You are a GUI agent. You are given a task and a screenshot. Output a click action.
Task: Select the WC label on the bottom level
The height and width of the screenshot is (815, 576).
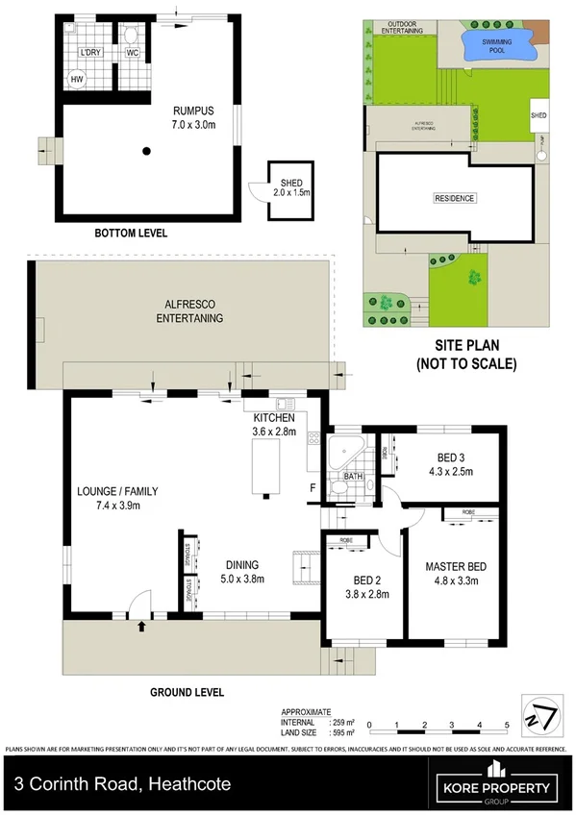click(133, 53)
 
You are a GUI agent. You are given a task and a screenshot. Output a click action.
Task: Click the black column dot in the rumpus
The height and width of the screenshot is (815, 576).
click(146, 150)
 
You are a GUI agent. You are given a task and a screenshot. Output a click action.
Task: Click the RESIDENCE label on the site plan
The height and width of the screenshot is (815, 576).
click(454, 198)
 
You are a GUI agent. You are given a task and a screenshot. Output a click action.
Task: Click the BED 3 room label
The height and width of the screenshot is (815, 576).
click(441, 457)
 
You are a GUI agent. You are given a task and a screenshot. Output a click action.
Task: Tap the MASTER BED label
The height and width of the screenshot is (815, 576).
click(453, 567)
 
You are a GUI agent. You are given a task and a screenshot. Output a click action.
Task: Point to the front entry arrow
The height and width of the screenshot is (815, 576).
click(142, 628)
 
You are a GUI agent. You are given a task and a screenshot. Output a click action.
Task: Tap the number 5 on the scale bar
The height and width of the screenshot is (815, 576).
click(507, 726)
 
